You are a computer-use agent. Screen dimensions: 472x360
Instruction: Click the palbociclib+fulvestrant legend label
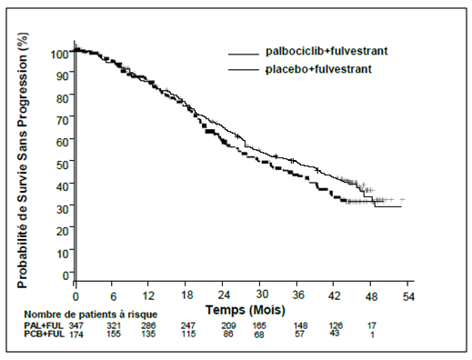(326, 51)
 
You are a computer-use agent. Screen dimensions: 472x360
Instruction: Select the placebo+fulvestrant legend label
(318, 69)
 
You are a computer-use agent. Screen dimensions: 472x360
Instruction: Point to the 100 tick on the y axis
(60, 55)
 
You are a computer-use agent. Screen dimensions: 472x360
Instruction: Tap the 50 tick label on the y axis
(63, 165)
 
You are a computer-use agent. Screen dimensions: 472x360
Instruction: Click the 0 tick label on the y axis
(65, 275)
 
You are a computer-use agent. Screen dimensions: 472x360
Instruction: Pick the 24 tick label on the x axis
(223, 295)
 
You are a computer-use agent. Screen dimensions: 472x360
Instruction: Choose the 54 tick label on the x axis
(408, 296)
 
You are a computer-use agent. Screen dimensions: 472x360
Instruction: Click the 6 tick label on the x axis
(113, 296)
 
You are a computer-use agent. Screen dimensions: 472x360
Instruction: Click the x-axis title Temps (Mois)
(246, 310)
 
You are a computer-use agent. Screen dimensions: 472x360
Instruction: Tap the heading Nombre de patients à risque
(91, 315)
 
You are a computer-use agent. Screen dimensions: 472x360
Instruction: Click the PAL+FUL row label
(44, 325)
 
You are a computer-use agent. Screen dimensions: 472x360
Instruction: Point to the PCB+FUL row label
(45, 334)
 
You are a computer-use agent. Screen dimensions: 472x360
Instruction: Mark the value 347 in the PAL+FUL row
(75, 326)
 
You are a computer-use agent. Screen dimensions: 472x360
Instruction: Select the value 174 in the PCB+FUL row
(76, 335)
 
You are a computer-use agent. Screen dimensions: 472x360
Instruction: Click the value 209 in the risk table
(228, 325)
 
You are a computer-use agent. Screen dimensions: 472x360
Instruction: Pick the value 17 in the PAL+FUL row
(372, 325)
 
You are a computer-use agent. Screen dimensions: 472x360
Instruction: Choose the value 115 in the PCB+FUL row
(188, 334)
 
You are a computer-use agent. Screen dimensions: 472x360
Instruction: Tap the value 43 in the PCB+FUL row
(335, 333)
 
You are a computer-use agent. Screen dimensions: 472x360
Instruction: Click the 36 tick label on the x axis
(298, 295)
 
